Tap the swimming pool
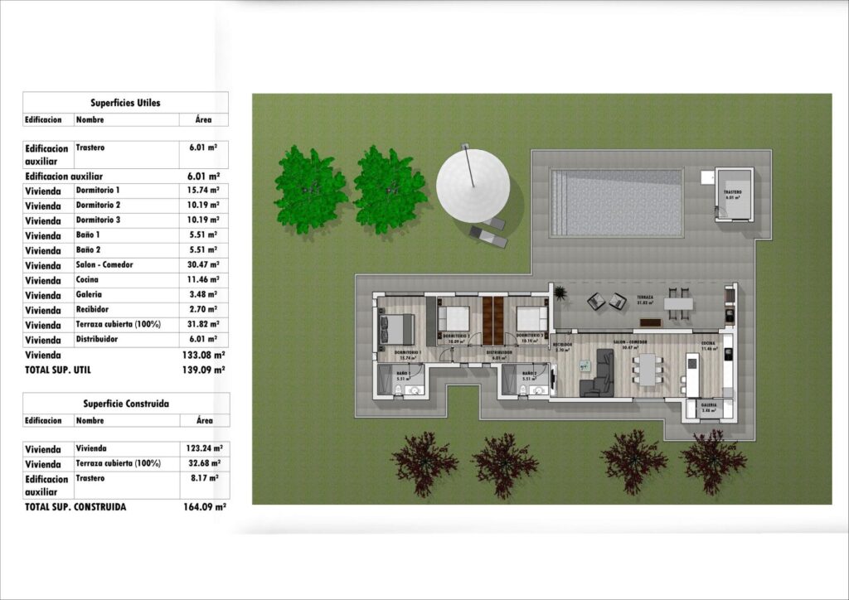coord(615,203)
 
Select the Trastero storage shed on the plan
coord(734,195)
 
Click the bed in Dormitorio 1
coord(397,329)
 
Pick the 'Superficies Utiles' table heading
coord(125,104)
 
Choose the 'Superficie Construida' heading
coord(126,404)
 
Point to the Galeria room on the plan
coord(709,409)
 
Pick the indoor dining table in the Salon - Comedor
coord(647,370)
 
